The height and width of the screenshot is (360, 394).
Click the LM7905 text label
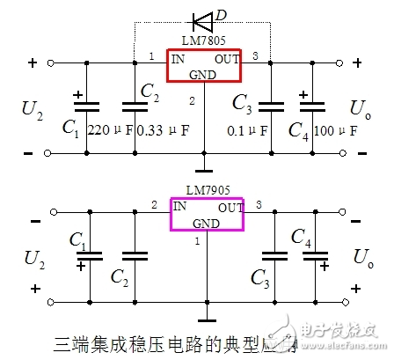(x=207, y=191)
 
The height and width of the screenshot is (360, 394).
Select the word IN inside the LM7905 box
(x=179, y=206)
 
